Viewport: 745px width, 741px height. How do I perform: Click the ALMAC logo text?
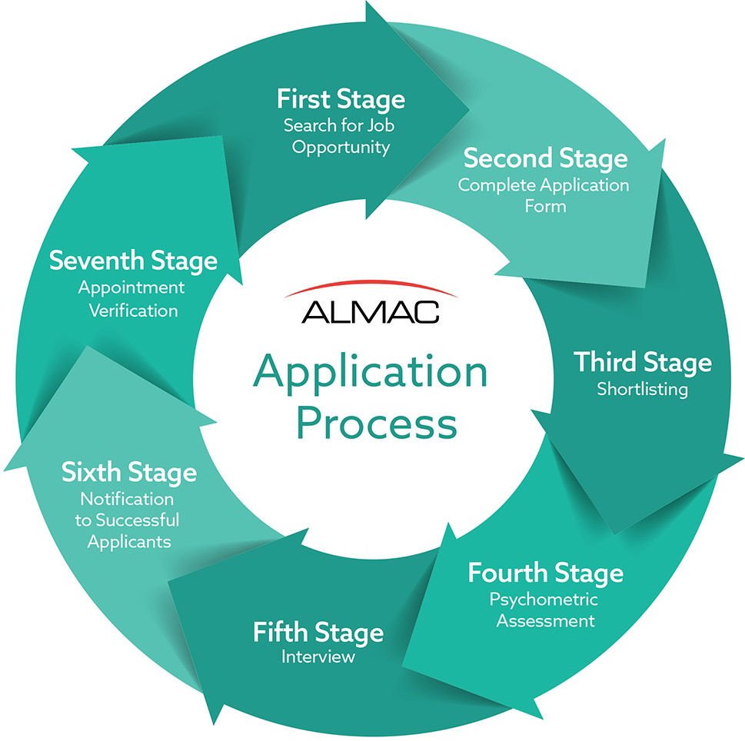click(370, 311)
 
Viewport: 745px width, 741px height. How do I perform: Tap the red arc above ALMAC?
click(370, 284)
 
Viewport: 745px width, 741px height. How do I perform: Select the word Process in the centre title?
click(376, 422)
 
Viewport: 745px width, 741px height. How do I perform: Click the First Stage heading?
click(341, 99)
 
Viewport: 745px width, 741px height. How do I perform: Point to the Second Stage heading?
click(545, 158)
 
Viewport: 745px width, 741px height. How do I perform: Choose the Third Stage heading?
click(643, 362)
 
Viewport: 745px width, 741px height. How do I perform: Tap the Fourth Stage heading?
click(545, 573)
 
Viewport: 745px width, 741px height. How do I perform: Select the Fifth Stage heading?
click(318, 633)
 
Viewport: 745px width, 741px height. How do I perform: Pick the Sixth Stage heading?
click(129, 473)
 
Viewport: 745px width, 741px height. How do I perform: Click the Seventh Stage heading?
click(134, 261)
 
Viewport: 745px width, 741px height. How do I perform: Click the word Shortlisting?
click(643, 390)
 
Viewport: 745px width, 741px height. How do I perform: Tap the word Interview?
click(318, 656)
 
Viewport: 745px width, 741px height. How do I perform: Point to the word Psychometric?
click(544, 600)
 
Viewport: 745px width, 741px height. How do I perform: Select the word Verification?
click(134, 311)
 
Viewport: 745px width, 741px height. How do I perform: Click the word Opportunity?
click(341, 148)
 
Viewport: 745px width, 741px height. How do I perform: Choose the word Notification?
click(127, 499)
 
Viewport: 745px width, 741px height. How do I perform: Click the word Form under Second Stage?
click(545, 206)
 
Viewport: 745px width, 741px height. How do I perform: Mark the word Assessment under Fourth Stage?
click(545, 621)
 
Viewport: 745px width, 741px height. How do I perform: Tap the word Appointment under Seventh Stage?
click(131, 287)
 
